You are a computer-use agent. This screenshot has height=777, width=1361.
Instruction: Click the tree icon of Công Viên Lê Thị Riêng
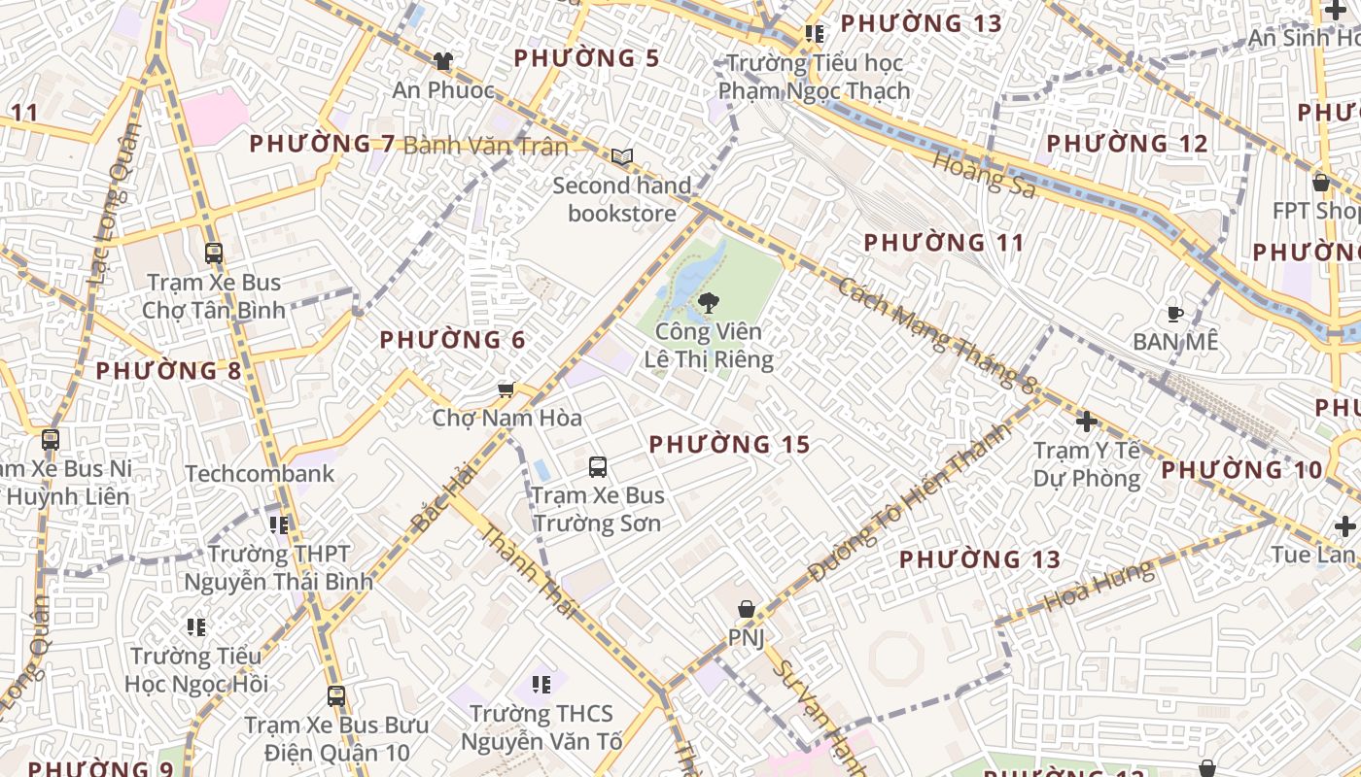click(709, 302)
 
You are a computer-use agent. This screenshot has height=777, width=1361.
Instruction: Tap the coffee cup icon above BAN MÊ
click(1175, 314)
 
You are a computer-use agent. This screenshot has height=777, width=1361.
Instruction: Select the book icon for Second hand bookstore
click(621, 156)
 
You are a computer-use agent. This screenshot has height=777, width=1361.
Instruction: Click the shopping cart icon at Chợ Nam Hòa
click(506, 389)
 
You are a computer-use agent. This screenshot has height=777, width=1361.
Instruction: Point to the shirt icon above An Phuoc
click(443, 61)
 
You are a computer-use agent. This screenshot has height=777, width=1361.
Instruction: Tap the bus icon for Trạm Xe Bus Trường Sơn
click(598, 466)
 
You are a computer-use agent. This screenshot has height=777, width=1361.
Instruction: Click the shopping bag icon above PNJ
click(746, 609)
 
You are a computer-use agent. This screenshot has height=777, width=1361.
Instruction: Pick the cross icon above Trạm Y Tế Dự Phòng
click(1087, 422)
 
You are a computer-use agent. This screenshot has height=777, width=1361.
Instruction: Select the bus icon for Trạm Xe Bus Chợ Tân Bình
click(214, 253)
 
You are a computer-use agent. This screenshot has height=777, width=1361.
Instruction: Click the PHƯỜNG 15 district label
click(729, 445)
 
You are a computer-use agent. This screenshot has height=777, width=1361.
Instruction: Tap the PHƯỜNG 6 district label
click(452, 340)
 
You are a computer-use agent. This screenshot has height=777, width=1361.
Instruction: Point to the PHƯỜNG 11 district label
click(944, 243)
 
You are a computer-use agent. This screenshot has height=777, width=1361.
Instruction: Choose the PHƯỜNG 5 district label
click(586, 58)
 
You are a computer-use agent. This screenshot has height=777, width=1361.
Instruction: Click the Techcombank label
click(260, 474)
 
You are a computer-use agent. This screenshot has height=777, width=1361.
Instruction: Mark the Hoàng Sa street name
click(985, 175)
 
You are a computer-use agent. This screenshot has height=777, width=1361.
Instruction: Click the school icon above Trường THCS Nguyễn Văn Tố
click(541, 685)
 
